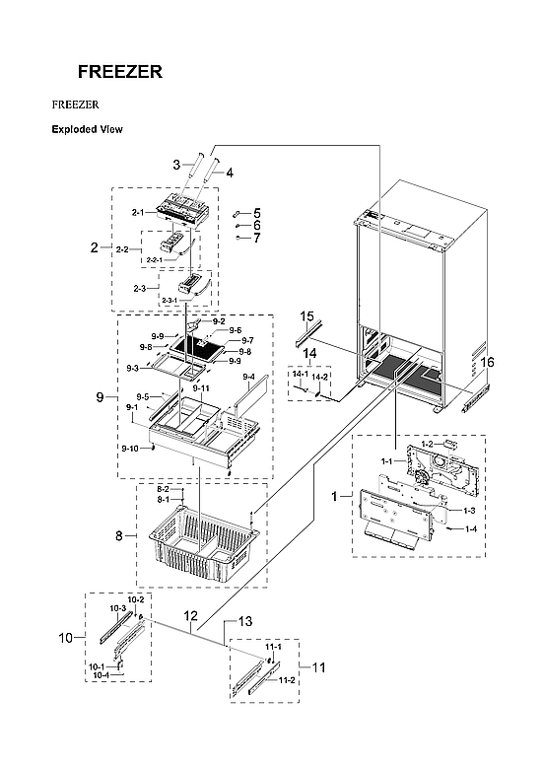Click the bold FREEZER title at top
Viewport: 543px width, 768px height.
[x=120, y=72]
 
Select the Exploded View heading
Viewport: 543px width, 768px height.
[x=87, y=129]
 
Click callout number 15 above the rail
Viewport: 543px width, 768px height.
[x=306, y=316]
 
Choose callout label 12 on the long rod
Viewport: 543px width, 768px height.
[x=192, y=615]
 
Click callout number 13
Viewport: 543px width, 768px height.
[x=245, y=621]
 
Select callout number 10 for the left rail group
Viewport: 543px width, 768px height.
[x=66, y=638]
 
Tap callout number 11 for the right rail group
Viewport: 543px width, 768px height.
[x=317, y=667]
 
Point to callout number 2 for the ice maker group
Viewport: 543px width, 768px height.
[x=95, y=247]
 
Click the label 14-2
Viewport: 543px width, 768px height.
[x=321, y=377]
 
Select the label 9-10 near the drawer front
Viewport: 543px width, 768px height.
[x=129, y=449]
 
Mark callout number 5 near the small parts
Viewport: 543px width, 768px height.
[x=256, y=213]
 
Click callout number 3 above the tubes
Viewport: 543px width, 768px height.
[x=176, y=164]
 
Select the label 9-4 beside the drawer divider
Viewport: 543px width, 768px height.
[x=248, y=377]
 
